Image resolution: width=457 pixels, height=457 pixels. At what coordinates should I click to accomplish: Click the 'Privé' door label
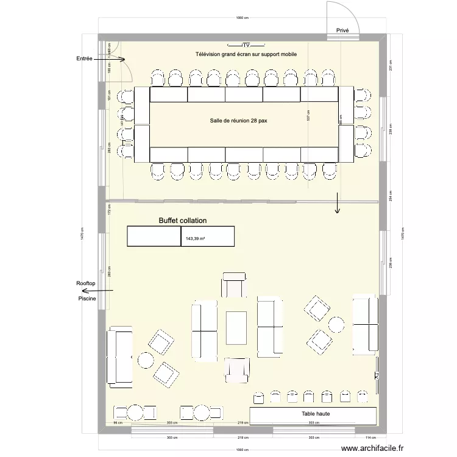(x=342, y=30)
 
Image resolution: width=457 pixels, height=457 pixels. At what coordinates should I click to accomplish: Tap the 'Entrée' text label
(x=84, y=58)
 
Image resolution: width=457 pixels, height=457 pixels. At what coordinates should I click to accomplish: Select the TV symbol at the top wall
(x=246, y=45)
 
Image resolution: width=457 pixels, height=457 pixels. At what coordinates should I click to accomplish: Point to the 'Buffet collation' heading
(x=183, y=221)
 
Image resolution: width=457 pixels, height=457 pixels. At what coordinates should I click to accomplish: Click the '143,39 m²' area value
(x=196, y=239)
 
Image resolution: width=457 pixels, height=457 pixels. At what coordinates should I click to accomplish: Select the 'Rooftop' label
(x=86, y=284)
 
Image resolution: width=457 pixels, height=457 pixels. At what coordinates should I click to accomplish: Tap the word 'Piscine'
(x=87, y=298)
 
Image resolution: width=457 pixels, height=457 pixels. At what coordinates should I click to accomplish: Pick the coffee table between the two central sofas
(x=236, y=328)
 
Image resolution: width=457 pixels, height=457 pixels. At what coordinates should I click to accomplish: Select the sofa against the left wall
(x=120, y=358)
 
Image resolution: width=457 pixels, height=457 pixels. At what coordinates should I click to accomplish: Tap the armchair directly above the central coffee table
(x=234, y=285)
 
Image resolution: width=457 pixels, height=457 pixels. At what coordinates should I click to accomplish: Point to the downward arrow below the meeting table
(x=336, y=204)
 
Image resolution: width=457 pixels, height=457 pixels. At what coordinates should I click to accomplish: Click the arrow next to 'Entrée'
(x=113, y=60)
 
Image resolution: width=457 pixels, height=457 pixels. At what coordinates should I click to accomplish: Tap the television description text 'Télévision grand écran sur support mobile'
(x=246, y=55)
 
